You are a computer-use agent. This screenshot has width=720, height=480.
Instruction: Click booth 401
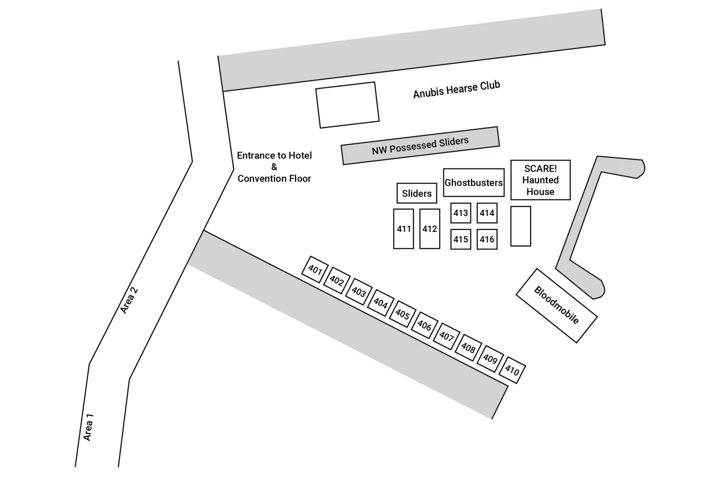[315, 269]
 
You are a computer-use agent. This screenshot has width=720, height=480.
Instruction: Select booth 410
[512, 370]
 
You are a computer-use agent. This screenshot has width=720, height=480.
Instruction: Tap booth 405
[403, 314]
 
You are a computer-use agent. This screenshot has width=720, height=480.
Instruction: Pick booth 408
[468, 348]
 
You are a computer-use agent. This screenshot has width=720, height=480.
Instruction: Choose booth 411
[404, 229]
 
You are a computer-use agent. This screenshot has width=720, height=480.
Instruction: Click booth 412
[430, 229]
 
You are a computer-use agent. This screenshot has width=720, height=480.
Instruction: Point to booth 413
[460, 213]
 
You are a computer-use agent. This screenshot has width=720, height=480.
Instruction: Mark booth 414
[487, 213]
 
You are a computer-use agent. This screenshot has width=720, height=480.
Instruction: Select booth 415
[460, 239]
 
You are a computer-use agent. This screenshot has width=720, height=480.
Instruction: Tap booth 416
[487, 239]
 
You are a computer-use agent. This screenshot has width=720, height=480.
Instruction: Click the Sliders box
[417, 193]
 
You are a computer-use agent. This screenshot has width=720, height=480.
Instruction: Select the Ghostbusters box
[474, 183]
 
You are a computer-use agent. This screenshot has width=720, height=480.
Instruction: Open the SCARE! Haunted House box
[540, 180]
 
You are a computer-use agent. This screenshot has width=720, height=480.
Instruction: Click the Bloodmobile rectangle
[556, 305]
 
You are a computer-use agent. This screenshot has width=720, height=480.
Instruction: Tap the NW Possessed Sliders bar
[420, 146]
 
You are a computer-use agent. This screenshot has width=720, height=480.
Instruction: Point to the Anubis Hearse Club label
[456, 89]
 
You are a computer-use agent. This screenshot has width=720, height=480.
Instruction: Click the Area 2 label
[129, 300]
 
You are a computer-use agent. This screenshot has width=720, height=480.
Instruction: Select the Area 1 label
[88, 427]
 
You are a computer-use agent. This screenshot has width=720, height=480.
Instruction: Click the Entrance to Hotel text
[274, 156]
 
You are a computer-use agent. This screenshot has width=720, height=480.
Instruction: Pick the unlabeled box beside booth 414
[520, 226]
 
